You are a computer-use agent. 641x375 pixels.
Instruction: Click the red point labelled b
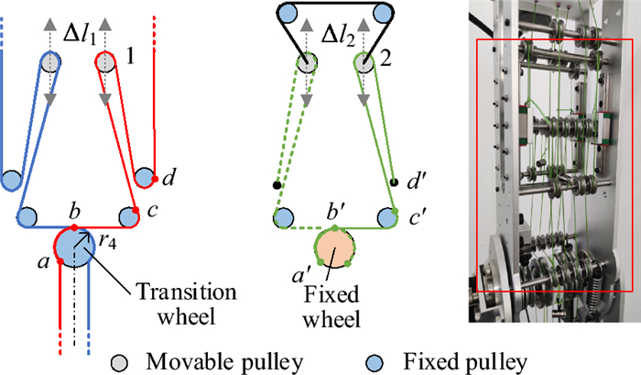pyautogui.click(x=73, y=226)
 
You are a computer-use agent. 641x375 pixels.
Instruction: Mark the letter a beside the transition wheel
pyautogui.click(x=41, y=263)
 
